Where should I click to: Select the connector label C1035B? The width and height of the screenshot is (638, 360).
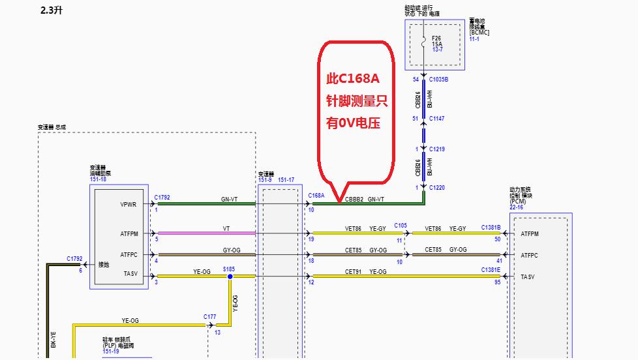pyautogui.click(x=438, y=80)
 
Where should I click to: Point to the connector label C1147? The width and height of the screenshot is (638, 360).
pyautogui.click(x=436, y=119)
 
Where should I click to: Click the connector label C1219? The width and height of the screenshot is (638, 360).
pyautogui.click(x=436, y=149)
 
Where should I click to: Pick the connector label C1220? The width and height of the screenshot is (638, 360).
pyautogui.click(x=436, y=188)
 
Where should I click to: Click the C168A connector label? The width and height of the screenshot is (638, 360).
pyautogui.click(x=316, y=195)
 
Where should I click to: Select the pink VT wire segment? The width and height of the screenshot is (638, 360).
pyautogui.click(x=206, y=233)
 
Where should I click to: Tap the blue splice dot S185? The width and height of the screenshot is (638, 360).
pyautogui.click(x=230, y=277)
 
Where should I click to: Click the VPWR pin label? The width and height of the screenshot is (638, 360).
pyautogui.click(x=128, y=205)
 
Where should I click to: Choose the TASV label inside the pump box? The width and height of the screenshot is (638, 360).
pyautogui.click(x=130, y=275)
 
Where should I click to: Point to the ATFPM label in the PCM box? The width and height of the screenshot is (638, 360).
pyautogui.click(x=530, y=234)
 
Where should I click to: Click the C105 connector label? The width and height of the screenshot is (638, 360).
pyautogui.click(x=401, y=226)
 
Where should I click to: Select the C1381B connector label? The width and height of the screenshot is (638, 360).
pyautogui.click(x=491, y=227)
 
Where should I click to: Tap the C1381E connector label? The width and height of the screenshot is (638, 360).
pyautogui.click(x=491, y=269)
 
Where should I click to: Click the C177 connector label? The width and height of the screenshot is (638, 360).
pyautogui.click(x=209, y=317)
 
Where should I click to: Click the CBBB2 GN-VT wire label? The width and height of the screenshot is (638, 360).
pyautogui.click(x=364, y=199)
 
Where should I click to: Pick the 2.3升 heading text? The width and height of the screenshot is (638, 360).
pyautogui.click(x=52, y=11)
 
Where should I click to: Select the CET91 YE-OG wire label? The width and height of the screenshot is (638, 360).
pyautogui.click(x=366, y=271)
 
